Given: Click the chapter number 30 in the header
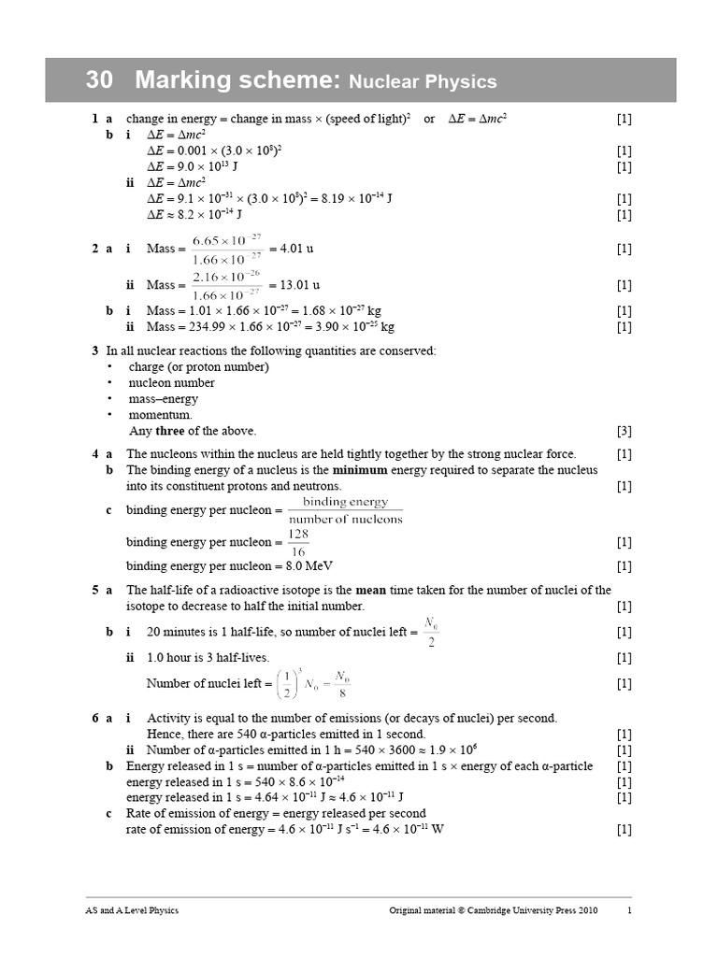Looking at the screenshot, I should coord(99,80).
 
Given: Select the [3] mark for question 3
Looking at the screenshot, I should coord(624,431).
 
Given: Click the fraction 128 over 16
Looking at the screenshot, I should coord(297,542).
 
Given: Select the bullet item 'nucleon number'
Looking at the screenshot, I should coord(171,382).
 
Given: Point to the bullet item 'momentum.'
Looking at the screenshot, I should coord(161,414).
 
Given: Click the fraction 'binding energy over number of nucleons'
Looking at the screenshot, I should coord(345,510).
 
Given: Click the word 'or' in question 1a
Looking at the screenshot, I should coord(429,119).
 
